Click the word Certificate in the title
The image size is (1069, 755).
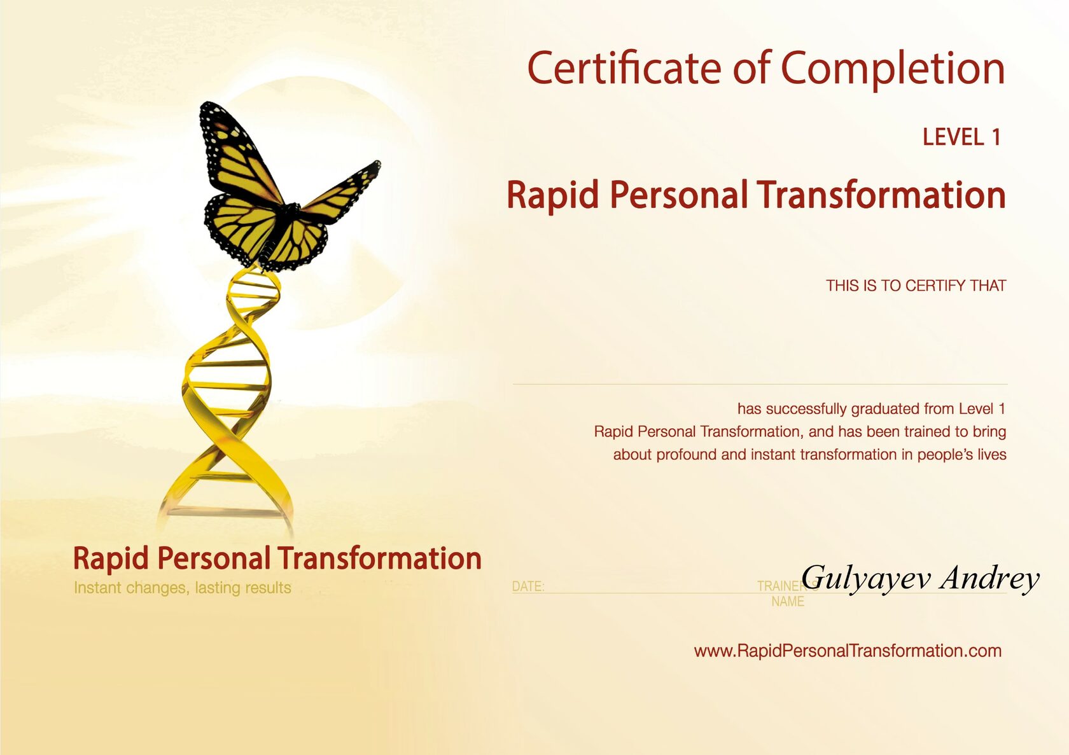(624, 68)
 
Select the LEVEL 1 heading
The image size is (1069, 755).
(961, 137)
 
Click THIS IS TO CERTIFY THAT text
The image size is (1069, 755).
(916, 286)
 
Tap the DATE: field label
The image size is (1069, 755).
(528, 586)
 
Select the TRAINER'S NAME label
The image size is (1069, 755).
(788, 594)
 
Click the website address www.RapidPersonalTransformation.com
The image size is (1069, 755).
(848, 651)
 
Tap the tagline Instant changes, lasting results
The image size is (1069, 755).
(182, 588)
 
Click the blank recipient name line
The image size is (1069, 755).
(760, 384)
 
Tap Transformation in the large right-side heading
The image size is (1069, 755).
(881, 195)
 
